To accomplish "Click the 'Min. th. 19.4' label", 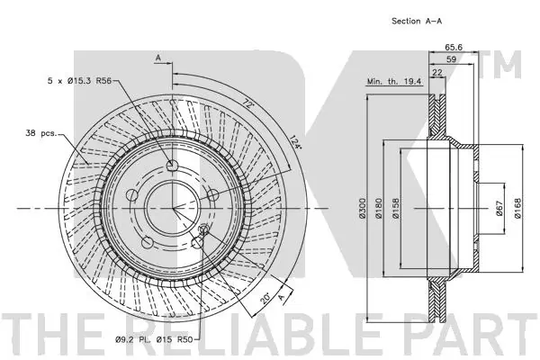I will (394, 82).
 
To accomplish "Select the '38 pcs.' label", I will (42, 133).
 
